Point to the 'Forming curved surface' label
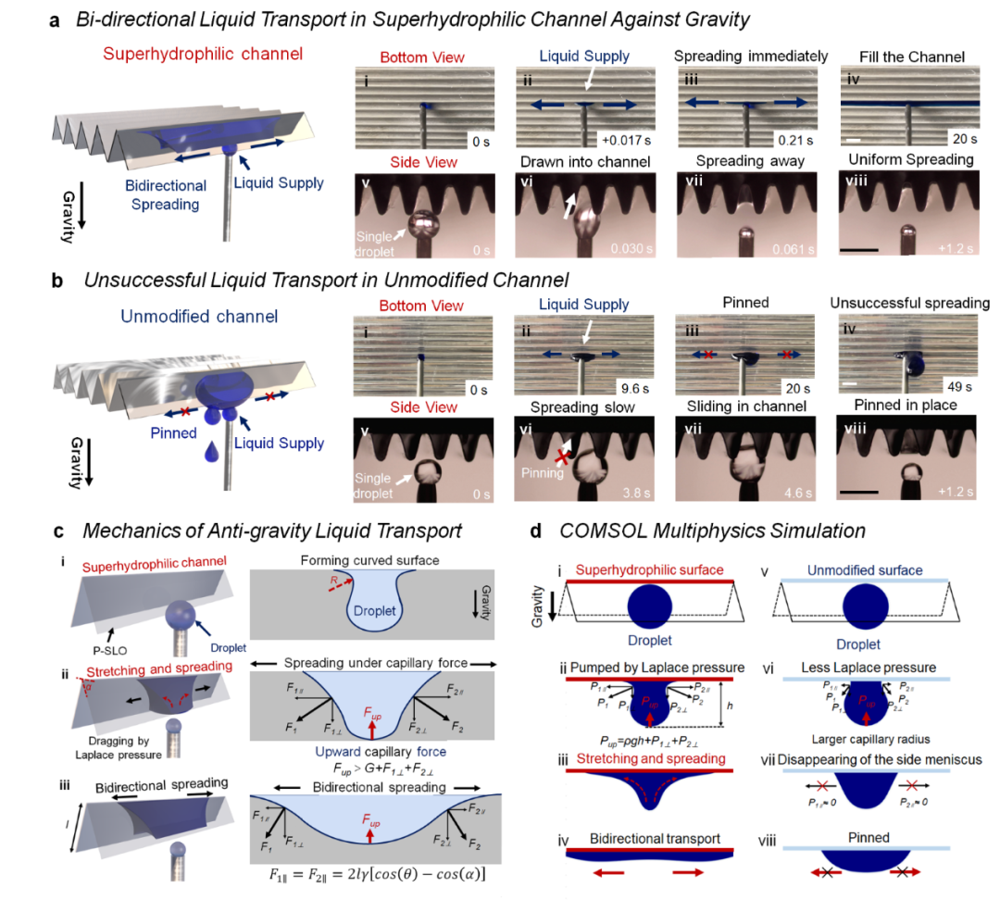point(362,562)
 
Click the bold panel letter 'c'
point(58,531)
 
